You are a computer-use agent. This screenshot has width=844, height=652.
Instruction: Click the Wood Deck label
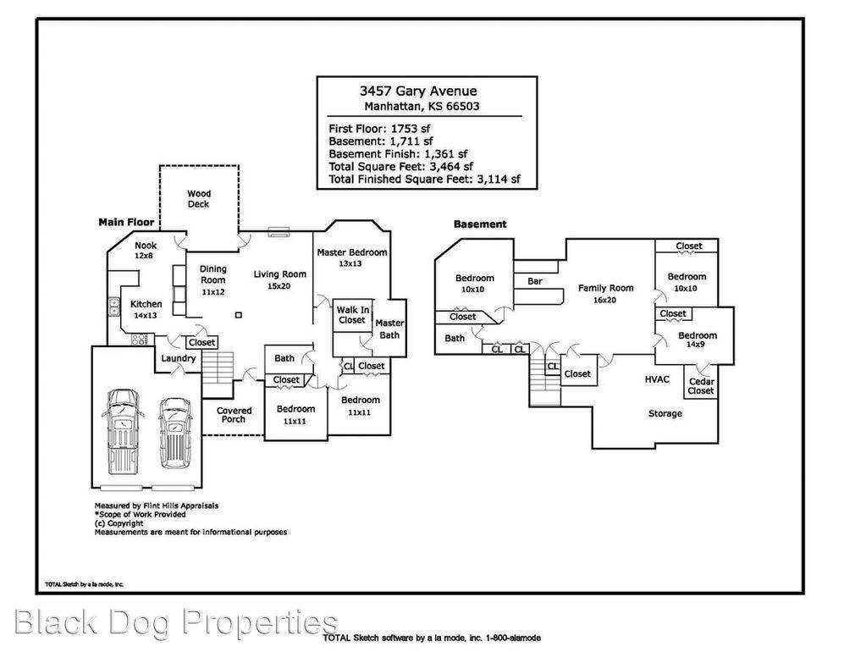(x=199, y=199)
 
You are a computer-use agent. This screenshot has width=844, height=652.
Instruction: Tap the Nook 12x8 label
(x=146, y=251)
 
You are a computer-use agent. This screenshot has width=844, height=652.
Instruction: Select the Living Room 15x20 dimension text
(x=279, y=286)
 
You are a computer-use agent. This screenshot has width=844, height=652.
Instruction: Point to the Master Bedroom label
(x=351, y=252)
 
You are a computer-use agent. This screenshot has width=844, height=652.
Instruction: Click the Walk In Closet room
(x=352, y=316)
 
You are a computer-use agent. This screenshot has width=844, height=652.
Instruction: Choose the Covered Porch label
(x=234, y=415)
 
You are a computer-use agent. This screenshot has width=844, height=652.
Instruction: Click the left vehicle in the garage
(x=123, y=431)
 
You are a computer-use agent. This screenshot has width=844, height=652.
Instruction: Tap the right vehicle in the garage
(x=174, y=433)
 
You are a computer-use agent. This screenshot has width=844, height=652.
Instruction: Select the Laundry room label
(x=178, y=358)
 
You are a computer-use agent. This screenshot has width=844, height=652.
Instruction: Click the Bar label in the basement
(x=535, y=281)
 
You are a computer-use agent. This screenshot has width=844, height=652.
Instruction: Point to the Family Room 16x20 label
(x=605, y=294)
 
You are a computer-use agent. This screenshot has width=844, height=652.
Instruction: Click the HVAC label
(x=657, y=379)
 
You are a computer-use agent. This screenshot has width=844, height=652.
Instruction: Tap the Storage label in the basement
(x=665, y=413)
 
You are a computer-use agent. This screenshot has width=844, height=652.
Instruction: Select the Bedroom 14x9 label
(x=697, y=340)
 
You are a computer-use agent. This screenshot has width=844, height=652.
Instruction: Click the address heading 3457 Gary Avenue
(x=418, y=91)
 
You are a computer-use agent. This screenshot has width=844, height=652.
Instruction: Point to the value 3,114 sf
(x=499, y=180)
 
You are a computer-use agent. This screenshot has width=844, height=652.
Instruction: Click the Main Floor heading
(x=126, y=222)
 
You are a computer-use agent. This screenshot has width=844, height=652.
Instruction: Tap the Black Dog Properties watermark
(x=176, y=623)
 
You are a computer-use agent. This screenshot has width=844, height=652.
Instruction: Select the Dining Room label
(x=213, y=274)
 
